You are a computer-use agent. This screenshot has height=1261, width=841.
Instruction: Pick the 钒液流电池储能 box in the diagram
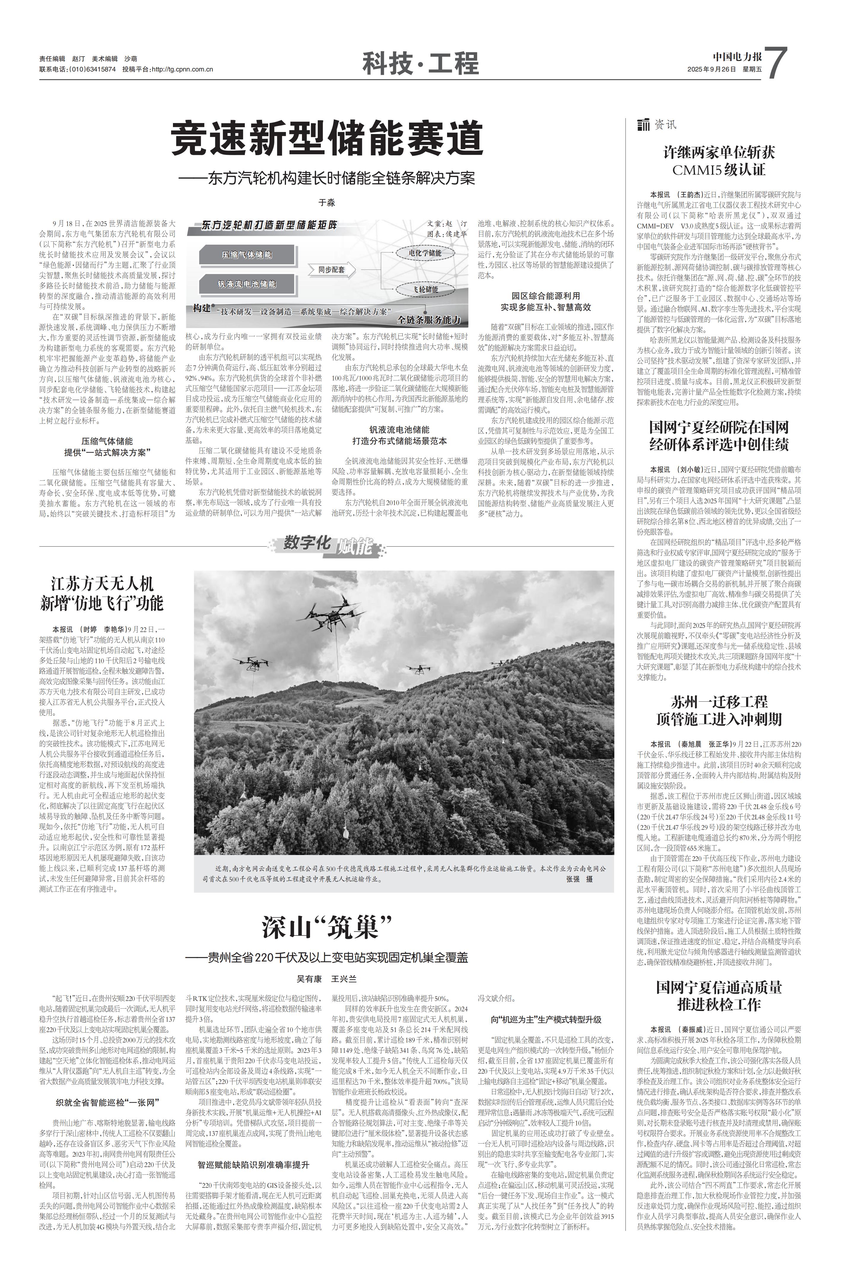[x=247, y=284]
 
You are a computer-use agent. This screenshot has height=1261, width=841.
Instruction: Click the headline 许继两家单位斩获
[x=719, y=152]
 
